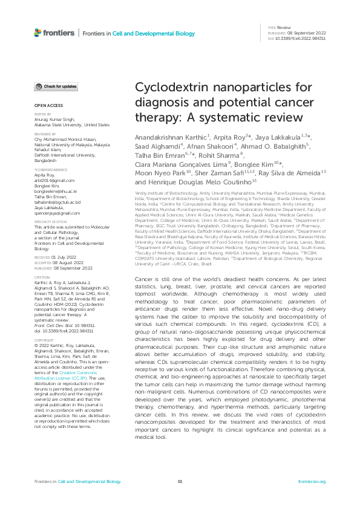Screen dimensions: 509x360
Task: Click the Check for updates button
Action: (56, 87)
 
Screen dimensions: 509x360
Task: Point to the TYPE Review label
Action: (281, 28)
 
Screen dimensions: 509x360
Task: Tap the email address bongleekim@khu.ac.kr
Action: (54, 190)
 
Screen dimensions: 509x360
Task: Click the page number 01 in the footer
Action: (180, 481)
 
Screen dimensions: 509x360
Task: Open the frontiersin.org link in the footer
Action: (312, 481)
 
